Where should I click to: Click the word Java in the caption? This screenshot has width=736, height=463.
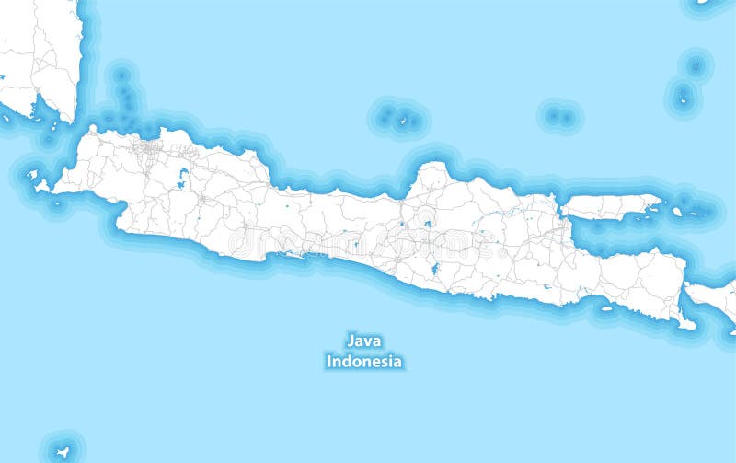(364, 341)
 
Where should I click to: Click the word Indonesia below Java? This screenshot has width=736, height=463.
(364, 362)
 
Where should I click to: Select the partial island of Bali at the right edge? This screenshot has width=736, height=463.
(716, 297)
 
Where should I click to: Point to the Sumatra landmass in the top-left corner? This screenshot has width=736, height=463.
(37, 55)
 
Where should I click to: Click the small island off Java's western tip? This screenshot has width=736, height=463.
(32, 174)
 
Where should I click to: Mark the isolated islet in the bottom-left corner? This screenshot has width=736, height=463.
(63, 451)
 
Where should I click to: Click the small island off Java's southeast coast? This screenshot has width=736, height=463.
(606, 308)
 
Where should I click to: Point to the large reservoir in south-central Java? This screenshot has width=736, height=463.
(433, 269)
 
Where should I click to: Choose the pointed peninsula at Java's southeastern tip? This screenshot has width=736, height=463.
(685, 322)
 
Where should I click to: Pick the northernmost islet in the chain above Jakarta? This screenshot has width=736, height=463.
(121, 73)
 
